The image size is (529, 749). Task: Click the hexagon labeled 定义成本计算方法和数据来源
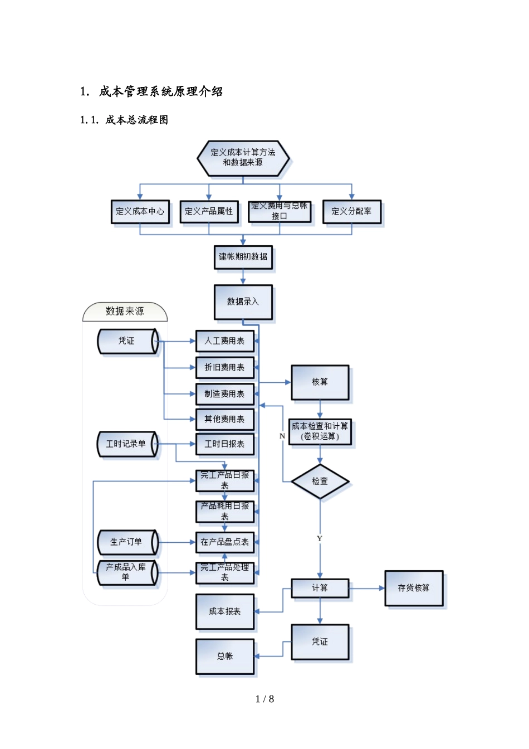(243, 158)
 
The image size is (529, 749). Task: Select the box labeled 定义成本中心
(140, 212)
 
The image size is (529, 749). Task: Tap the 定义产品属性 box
(209, 212)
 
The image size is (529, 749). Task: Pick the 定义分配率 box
(351, 212)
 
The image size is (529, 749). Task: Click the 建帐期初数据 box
(243, 257)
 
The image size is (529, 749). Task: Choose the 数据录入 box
(243, 302)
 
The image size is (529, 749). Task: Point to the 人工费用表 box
(224, 341)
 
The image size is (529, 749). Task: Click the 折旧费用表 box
(224, 367)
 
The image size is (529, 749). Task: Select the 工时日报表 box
(224, 444)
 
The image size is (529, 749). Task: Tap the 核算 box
(320, 382)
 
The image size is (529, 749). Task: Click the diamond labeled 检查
(320, 481)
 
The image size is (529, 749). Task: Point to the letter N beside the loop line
(282, 436)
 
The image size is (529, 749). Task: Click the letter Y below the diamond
(320, 538)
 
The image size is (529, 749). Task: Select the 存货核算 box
(413, 588)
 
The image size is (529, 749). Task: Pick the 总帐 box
(224, 656)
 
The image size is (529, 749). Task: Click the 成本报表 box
(224, 611)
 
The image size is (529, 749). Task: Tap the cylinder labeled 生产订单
(127, 542)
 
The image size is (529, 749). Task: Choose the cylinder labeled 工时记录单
(127, 444)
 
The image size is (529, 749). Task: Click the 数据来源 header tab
(125, 312)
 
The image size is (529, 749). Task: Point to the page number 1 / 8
(264, 699)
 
